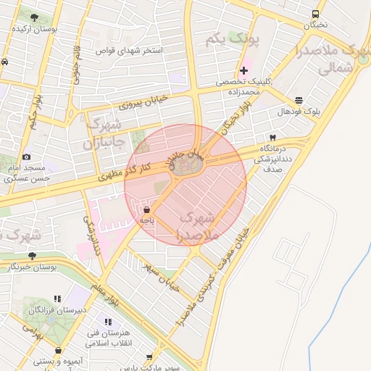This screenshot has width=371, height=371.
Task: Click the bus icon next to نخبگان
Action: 315,14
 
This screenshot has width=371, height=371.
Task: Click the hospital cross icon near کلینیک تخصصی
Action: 244,71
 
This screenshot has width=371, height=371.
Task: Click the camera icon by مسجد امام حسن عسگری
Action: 27,157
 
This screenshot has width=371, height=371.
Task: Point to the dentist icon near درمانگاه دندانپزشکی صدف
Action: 272,137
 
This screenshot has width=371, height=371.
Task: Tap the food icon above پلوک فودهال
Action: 299,101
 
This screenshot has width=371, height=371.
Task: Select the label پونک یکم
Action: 231,37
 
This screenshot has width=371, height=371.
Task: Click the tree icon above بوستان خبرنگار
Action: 32,255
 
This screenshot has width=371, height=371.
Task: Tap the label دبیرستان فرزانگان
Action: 58,309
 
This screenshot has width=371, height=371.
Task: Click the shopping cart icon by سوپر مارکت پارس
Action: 150,357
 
